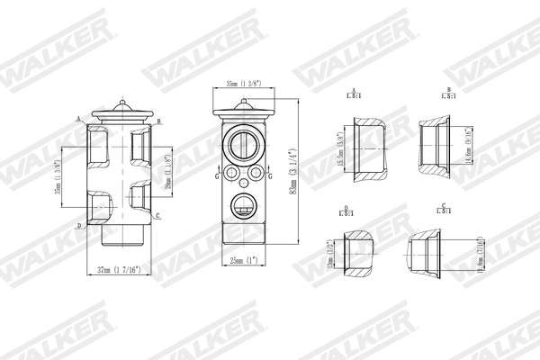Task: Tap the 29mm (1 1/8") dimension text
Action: click(167, 169)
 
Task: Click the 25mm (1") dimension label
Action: click(243, 261)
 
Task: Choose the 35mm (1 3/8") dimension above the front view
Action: click(243, 83)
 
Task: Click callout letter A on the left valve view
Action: click(79, 119)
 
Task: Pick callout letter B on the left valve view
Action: click(158, 121)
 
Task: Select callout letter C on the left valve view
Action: click(158, 217)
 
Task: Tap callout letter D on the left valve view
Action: click(79, 225)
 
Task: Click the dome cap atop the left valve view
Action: click(120, 109)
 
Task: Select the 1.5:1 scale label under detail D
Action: click(346, 214)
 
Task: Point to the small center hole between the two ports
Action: click(243, 172)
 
